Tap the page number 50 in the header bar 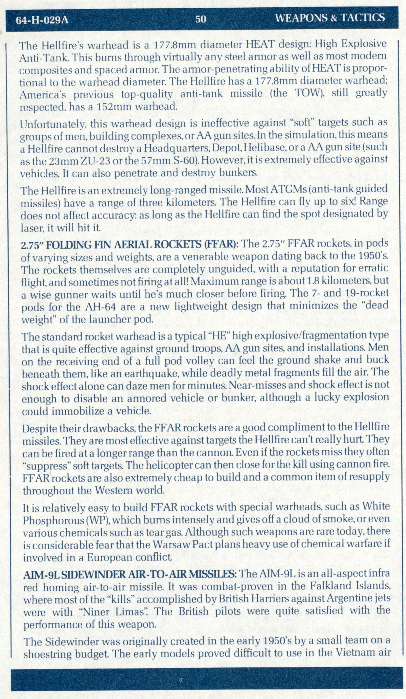200,19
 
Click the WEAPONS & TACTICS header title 330,18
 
